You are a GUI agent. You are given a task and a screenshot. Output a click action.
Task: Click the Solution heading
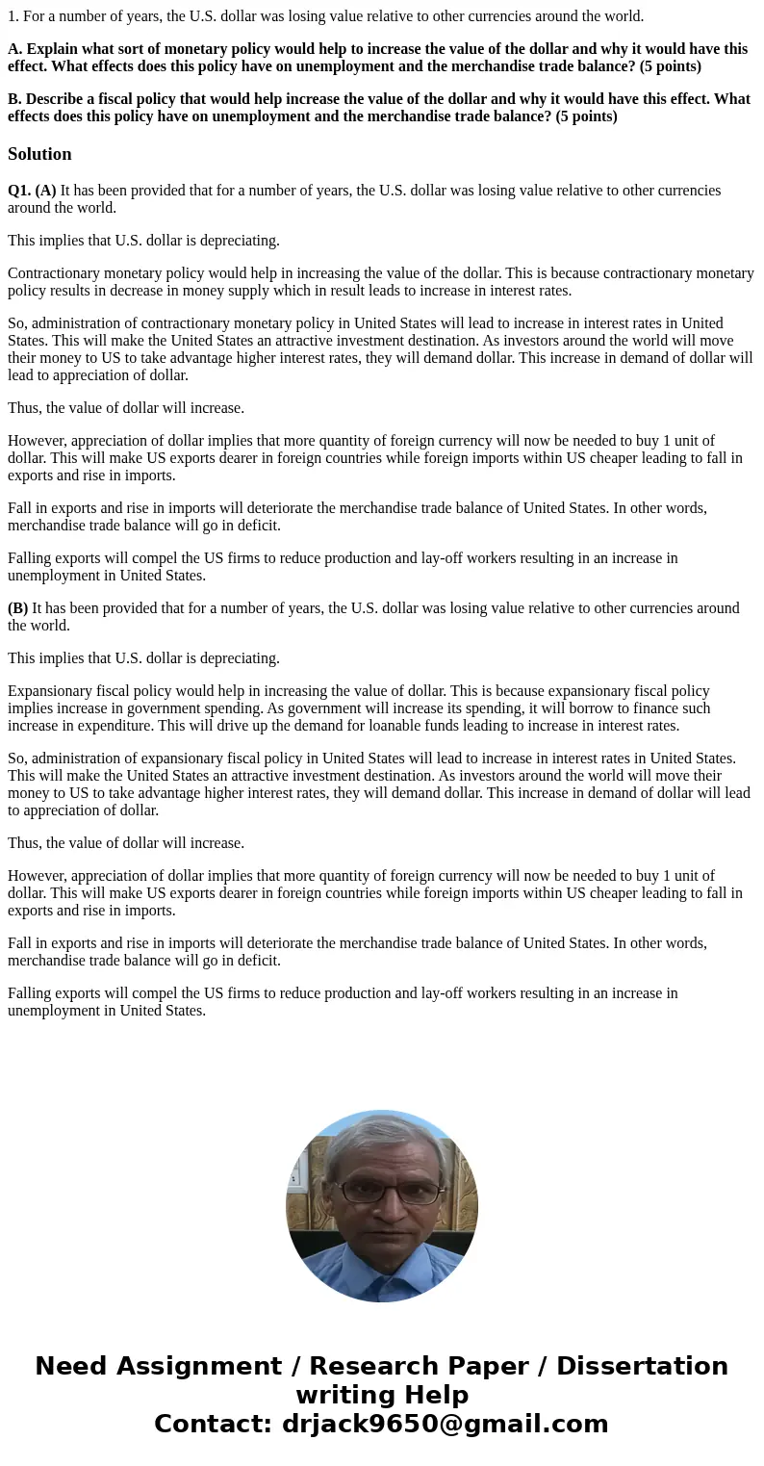click(39, 154)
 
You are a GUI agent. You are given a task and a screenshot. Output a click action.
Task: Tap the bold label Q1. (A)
click(32, 191)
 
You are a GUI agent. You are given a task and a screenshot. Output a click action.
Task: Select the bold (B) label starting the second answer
click(17, 608)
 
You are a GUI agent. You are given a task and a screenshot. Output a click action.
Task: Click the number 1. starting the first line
click(13, 15)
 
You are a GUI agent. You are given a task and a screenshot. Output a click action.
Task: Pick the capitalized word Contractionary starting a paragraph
click(54, 273)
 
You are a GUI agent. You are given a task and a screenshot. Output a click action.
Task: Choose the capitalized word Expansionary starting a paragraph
click(50, 691)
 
